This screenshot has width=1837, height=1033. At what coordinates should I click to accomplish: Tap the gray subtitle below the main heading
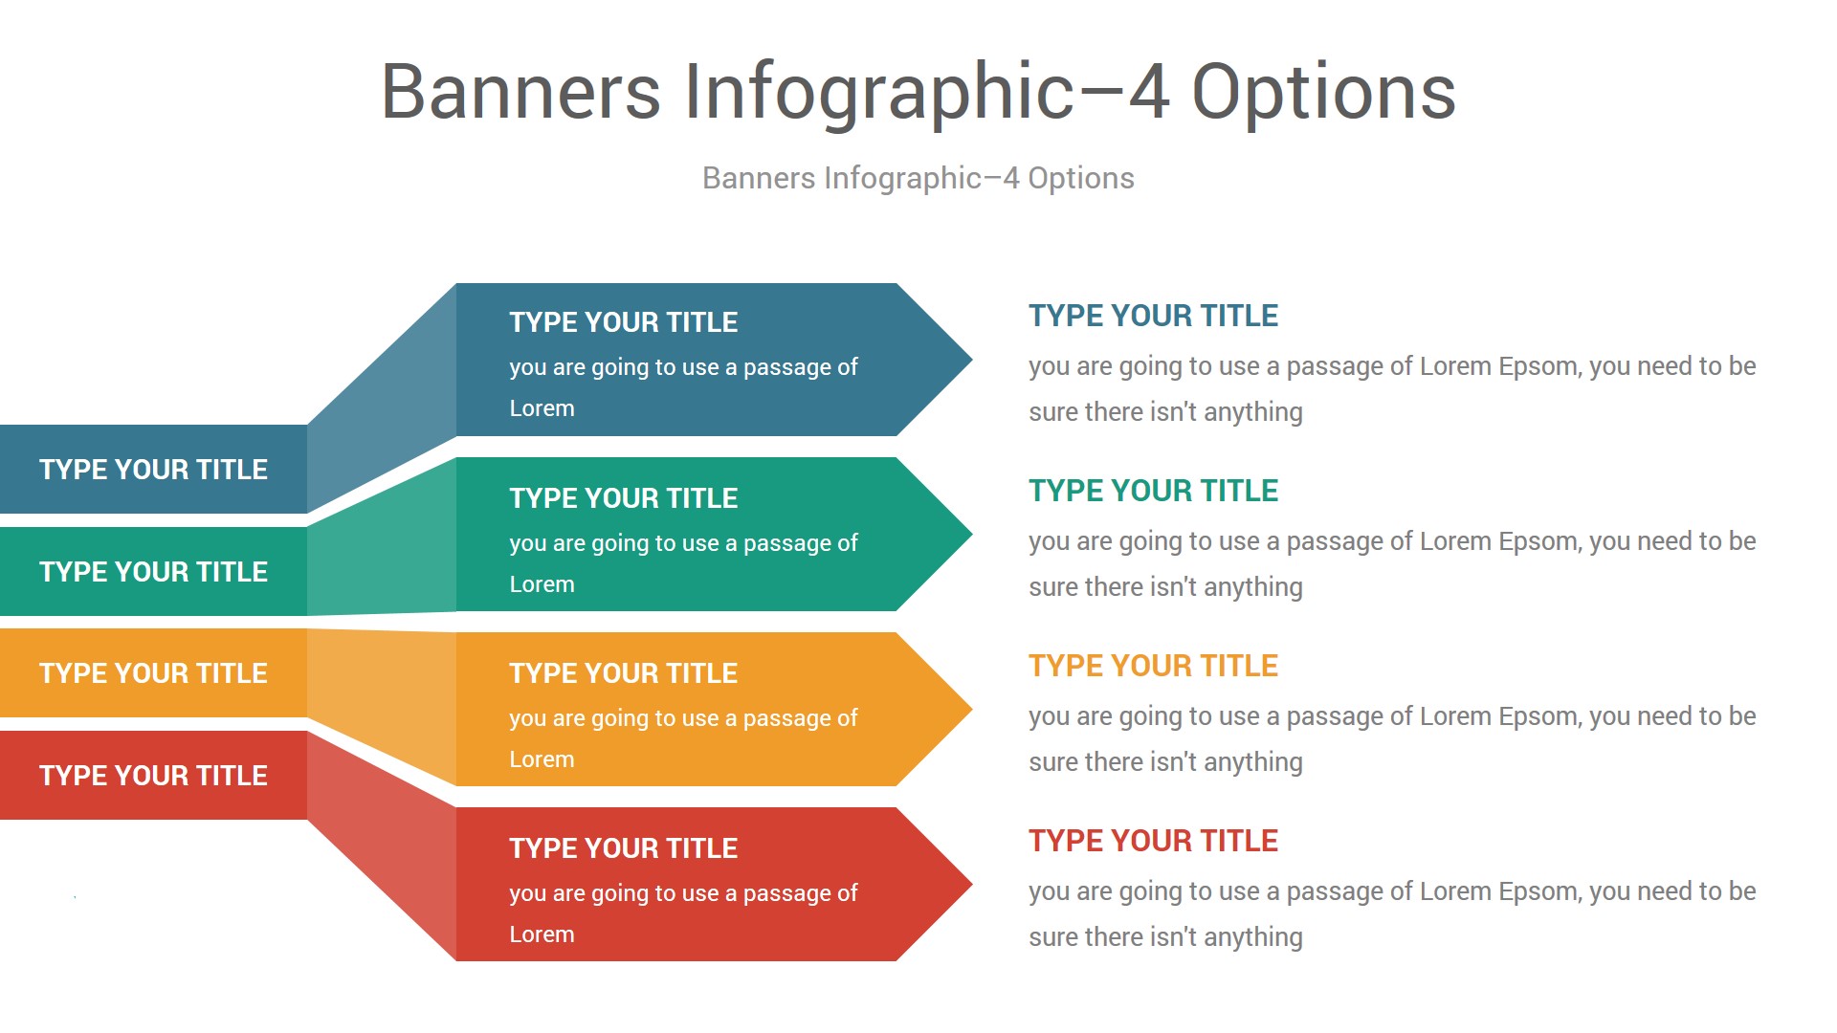coord(918,178)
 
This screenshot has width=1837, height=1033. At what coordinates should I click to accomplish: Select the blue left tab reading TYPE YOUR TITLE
coord(153,469)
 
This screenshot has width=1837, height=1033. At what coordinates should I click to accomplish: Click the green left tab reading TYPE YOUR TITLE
coord(153,571)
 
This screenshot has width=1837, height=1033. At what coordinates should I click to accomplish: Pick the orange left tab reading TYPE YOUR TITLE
coord(153,672)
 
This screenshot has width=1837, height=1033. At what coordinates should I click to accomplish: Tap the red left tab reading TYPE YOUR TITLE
coord(153,775)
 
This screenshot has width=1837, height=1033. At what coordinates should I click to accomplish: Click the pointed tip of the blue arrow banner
coord(971,360)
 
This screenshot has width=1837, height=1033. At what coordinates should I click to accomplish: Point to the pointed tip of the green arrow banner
coord(971,534)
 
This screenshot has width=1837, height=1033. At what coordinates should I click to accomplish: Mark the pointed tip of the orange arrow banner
coord(971,709)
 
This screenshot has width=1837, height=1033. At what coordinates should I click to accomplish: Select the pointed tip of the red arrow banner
coord(971,884)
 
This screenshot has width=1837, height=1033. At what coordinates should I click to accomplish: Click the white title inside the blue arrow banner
coord(624,322)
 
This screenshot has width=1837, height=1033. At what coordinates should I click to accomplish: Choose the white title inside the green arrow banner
coord(624,498)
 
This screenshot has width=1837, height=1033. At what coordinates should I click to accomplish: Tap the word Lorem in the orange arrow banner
coord(542,759)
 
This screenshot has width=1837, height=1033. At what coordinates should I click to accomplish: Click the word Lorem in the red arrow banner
coord(542,934)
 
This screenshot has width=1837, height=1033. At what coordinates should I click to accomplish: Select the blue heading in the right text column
coord(1153,316)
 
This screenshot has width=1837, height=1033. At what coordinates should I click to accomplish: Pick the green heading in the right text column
coord(1153,491)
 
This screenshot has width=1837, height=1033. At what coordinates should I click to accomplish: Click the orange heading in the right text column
coord(1153,666)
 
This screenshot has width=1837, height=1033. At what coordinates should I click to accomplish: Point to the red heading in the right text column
coord(1153,841)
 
